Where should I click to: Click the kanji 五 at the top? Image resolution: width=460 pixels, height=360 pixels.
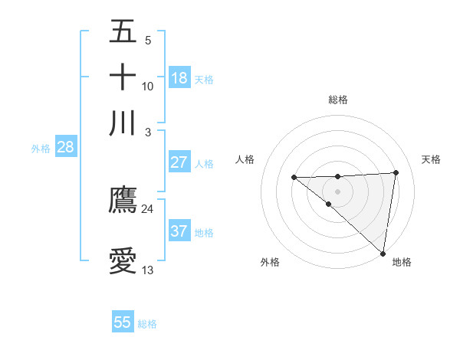[123, 33]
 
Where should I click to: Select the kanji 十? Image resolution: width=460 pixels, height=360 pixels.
[123, 77]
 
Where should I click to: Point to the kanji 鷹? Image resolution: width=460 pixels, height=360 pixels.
[123, 200]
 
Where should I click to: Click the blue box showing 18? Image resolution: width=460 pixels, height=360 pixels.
[179, 78]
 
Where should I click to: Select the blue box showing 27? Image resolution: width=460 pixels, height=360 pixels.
[179, 162]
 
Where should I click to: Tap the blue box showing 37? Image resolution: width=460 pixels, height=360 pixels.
[179, 231]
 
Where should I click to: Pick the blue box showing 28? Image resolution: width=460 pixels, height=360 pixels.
[65, 148]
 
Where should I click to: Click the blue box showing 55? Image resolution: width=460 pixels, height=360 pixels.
[123, 322]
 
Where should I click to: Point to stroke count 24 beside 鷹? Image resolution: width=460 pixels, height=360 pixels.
[147, 208]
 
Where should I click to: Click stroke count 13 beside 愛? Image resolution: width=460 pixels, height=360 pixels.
[147, 270]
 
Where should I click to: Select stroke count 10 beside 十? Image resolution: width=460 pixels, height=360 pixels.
[147, 86]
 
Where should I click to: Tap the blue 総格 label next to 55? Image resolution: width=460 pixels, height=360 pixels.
[147, 324]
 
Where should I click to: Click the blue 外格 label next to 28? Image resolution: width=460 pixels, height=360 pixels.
[41, 149]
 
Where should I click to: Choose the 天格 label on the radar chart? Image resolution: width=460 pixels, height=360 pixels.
[432, 159]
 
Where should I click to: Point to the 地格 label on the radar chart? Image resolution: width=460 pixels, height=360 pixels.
[402, 262]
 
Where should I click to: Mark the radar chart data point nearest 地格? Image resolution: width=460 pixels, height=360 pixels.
[383, 254]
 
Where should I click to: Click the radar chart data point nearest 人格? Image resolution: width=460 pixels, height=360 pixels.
[294, 178]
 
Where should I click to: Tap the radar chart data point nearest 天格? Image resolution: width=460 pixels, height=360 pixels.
[396, 172]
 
